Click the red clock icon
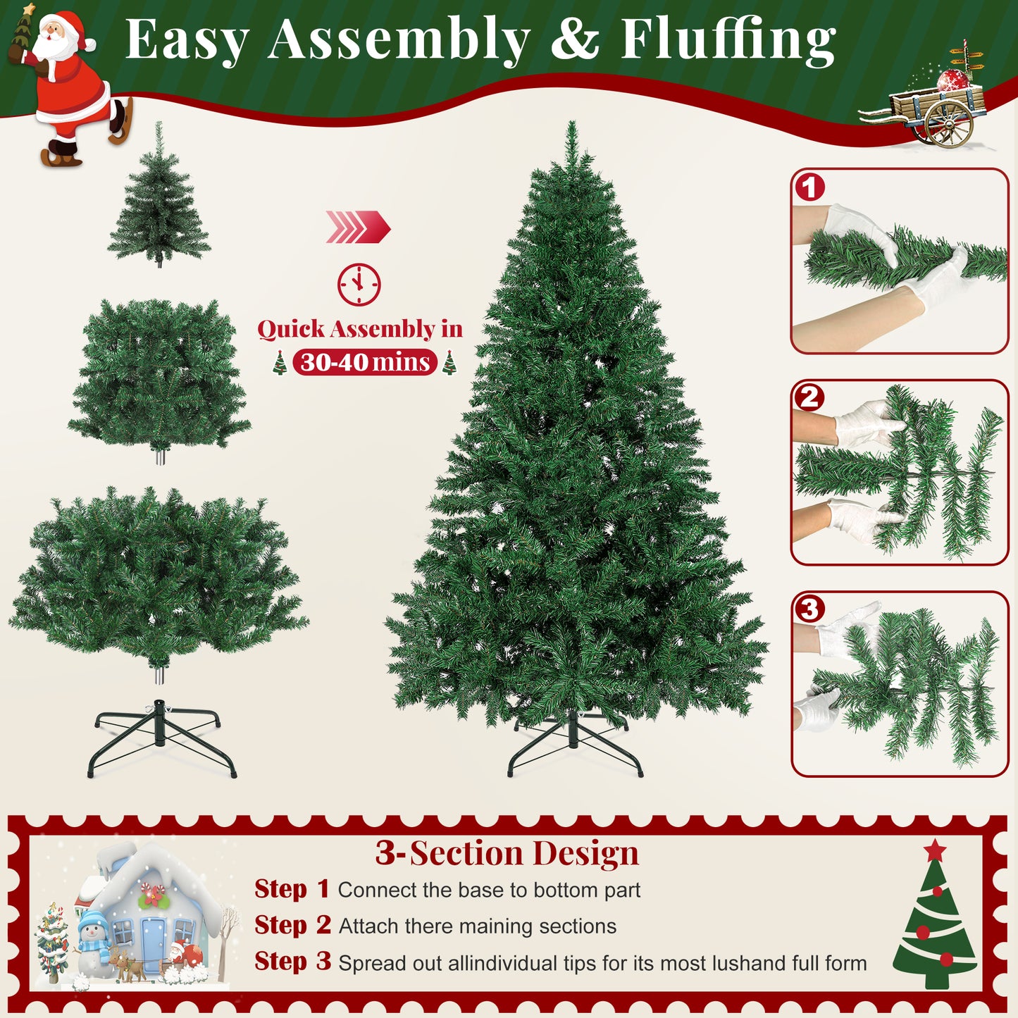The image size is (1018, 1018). click(x=359, y=284)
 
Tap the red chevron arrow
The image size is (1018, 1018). click(x=358, y=227)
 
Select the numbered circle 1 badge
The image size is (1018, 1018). click(x=810, y=187)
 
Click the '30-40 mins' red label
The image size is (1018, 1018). click(x=365, y=362)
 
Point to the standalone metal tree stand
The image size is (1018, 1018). click(x=162, y=738)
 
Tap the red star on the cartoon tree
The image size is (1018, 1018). click(x=935, y=850)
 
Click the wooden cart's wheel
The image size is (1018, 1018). click(x=950, y=123)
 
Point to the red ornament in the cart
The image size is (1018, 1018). click(x=954, y=80)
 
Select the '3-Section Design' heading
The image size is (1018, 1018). click(x=507, y=852)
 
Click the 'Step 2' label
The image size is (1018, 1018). click(x=292, y=926)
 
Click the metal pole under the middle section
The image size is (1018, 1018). click(x=160, y=455)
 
